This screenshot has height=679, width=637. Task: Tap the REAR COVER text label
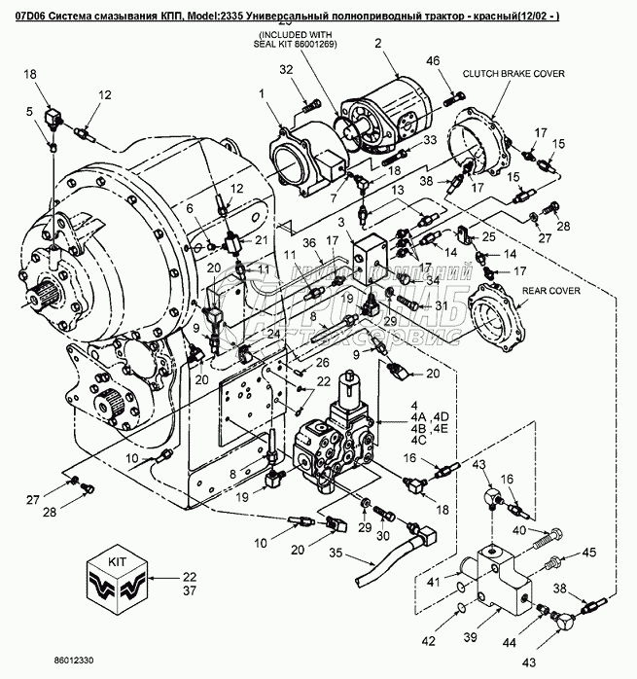coord(551,290)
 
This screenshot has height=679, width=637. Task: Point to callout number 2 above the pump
coord(395,44)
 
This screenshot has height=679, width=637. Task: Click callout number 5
coord(31,111)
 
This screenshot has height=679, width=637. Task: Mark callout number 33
coord(404,140)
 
